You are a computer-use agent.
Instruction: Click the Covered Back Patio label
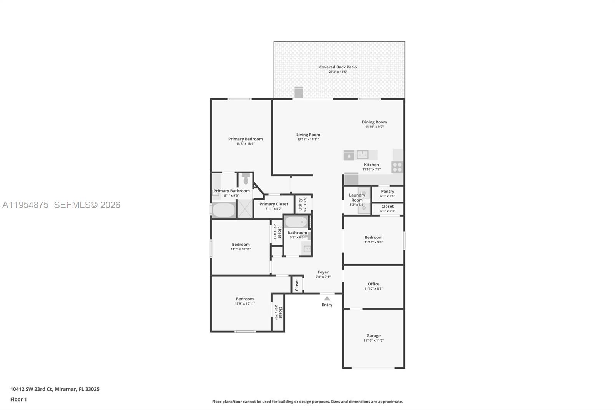338,67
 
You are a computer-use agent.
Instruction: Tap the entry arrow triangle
327,298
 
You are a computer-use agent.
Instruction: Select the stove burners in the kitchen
397,167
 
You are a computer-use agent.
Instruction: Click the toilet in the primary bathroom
246,178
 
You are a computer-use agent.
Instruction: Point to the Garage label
373,335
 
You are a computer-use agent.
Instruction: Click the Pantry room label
387,191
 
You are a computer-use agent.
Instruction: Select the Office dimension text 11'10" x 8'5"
373,288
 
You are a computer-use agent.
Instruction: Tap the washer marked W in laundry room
364,192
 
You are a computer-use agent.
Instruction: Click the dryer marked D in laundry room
364,208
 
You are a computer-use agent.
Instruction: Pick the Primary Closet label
273,204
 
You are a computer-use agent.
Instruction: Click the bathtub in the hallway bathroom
296,222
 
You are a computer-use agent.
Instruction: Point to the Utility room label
300,204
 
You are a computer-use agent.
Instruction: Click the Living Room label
308,135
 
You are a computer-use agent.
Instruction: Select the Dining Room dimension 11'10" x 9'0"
374,127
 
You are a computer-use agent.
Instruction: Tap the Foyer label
323,272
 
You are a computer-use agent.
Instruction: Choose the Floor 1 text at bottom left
18,399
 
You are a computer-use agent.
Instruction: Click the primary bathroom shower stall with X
244,209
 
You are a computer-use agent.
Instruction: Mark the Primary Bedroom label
245,139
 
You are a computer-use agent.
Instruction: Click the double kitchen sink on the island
362,155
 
